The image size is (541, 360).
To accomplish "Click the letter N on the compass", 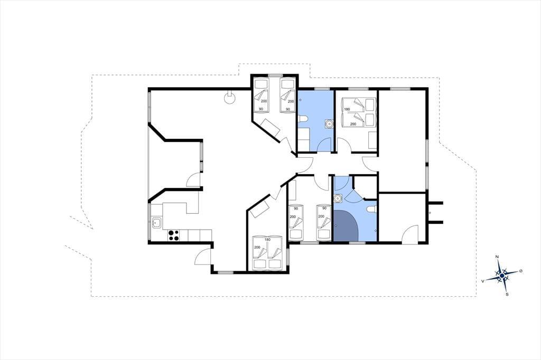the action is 497,257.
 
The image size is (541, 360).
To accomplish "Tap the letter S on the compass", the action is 507,295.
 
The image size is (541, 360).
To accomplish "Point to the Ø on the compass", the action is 520,271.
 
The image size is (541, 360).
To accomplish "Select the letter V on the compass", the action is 483,281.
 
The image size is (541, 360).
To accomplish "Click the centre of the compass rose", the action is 502,275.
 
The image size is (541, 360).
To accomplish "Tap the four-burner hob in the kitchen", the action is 173,235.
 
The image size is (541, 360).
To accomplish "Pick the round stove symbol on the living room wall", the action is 229,98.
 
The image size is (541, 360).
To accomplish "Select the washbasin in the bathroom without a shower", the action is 329,124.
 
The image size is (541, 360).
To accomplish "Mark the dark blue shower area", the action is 346,225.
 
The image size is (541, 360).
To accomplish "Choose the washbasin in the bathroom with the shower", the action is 338,198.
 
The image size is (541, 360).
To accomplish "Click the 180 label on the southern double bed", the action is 267,239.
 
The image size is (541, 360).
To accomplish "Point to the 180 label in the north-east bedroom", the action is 347,109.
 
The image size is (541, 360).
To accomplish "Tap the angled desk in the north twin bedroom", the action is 271,127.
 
